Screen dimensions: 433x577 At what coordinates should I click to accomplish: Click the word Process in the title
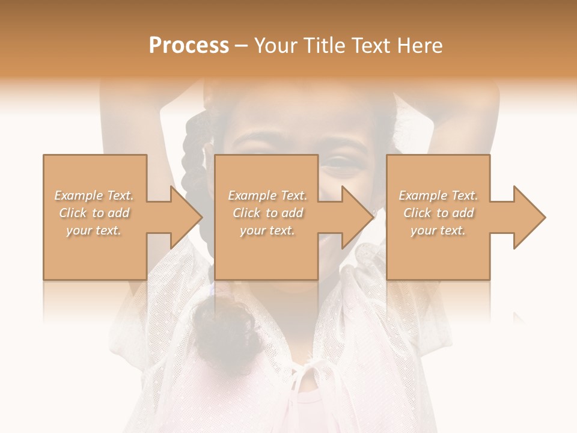(x=189, y=46)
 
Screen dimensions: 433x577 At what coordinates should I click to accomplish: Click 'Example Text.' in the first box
(x=94, y=195)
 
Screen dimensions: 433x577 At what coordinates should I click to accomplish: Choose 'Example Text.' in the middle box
(x=267, y=195)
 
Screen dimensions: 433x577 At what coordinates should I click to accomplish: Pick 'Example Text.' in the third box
(x=438, y=195)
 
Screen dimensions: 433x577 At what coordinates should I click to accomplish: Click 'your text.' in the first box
(x=94, y=230)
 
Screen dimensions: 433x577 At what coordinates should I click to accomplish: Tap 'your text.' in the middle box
(x=267, y=230)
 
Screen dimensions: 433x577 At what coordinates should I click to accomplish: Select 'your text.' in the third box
(x=438, y=230)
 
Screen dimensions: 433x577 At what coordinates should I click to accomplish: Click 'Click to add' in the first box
(x=94, y=213)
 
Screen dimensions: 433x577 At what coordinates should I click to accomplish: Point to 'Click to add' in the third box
(x=438, y=213)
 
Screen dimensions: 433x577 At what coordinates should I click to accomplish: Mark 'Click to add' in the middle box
(x=267, y=213)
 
